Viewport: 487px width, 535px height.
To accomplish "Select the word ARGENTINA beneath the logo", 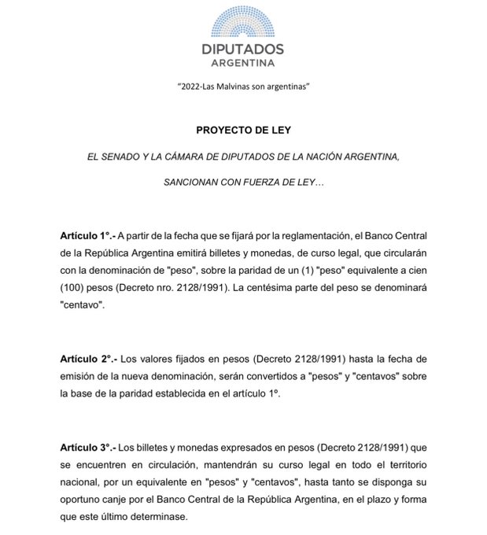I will point(243,62).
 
